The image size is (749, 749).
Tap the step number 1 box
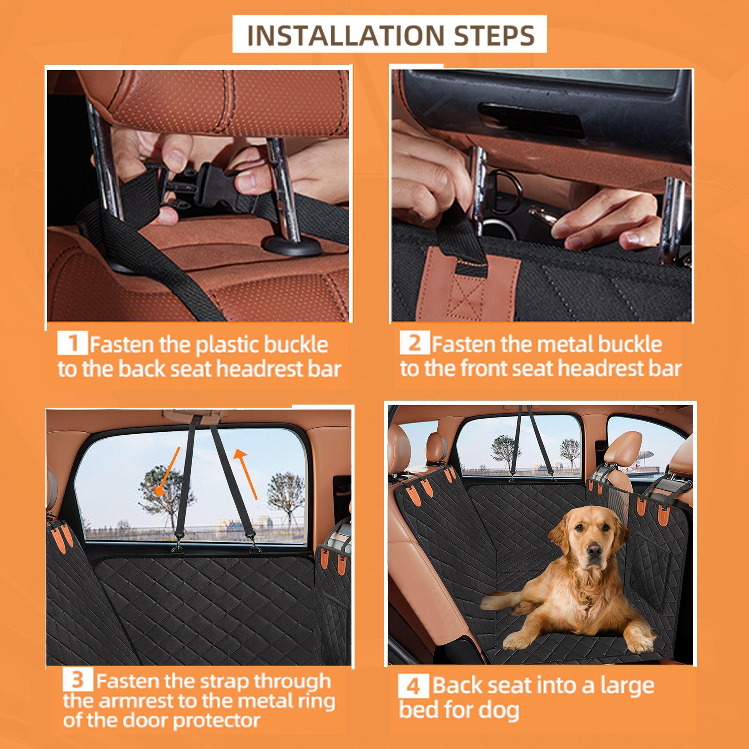tap(72, 343)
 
